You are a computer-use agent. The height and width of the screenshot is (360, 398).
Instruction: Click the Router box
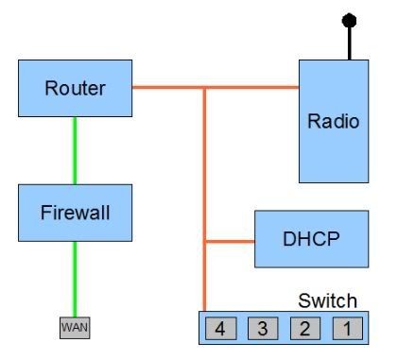click(75, 90)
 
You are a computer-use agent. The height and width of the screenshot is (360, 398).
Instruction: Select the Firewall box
click(75, 213)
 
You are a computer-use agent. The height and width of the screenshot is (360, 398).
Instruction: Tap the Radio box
click(334, 121)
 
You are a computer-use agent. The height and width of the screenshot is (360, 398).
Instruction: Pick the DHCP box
click(311, 240)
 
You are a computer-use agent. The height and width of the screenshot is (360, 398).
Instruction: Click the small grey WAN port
click(75, 327)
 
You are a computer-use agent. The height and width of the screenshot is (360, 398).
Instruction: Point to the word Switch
click(328, 301)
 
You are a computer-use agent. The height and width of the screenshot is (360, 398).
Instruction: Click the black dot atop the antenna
click(349, 19)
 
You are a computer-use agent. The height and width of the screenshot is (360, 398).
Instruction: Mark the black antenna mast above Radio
click(349, 43)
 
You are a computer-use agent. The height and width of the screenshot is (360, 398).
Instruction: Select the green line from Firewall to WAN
click(75, 279)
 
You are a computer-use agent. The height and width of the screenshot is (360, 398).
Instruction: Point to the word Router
click(75, 90)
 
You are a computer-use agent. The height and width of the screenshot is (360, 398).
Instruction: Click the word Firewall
click(75, 213)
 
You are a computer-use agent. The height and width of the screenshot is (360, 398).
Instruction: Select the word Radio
click(334, 121)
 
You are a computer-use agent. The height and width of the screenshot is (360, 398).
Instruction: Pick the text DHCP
click(311, 240)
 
